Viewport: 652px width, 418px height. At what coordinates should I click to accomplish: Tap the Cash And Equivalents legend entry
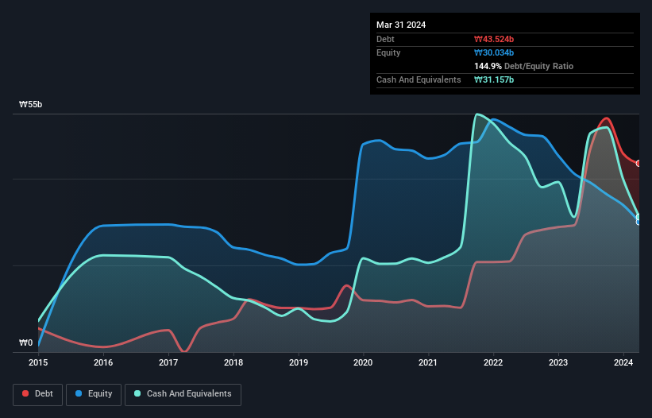click(183, 393)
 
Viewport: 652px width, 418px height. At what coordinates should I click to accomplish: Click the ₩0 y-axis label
click(26, 343)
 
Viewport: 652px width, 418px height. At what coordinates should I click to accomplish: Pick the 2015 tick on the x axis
click(38, 362)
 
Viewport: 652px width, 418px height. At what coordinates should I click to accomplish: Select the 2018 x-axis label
click(233, 362)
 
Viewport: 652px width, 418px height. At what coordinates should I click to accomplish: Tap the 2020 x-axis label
click(364, 362)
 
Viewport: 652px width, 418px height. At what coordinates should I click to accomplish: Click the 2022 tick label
click(494, 362)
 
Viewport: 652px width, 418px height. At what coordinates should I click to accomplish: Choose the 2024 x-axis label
click(624, 362)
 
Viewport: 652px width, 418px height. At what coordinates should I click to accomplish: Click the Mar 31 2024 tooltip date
click(401, 25)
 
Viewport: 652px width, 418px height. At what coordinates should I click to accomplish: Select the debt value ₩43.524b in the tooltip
click(494, 39)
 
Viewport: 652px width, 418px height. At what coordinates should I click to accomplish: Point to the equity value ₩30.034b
click(494, 52)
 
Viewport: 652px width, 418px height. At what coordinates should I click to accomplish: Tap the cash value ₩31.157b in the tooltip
click(494, 79)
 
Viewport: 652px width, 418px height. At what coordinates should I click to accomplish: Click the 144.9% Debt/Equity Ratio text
click(523, 66)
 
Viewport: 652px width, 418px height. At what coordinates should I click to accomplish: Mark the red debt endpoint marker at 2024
click(638, 163)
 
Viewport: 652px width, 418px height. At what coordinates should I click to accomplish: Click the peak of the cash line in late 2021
click(476, 114)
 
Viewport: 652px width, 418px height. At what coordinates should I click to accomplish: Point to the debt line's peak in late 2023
click(606, 118)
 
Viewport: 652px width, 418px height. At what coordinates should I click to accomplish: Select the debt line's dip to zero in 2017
click(184, 351)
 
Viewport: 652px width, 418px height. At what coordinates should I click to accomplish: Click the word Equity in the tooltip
click(388, 52)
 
